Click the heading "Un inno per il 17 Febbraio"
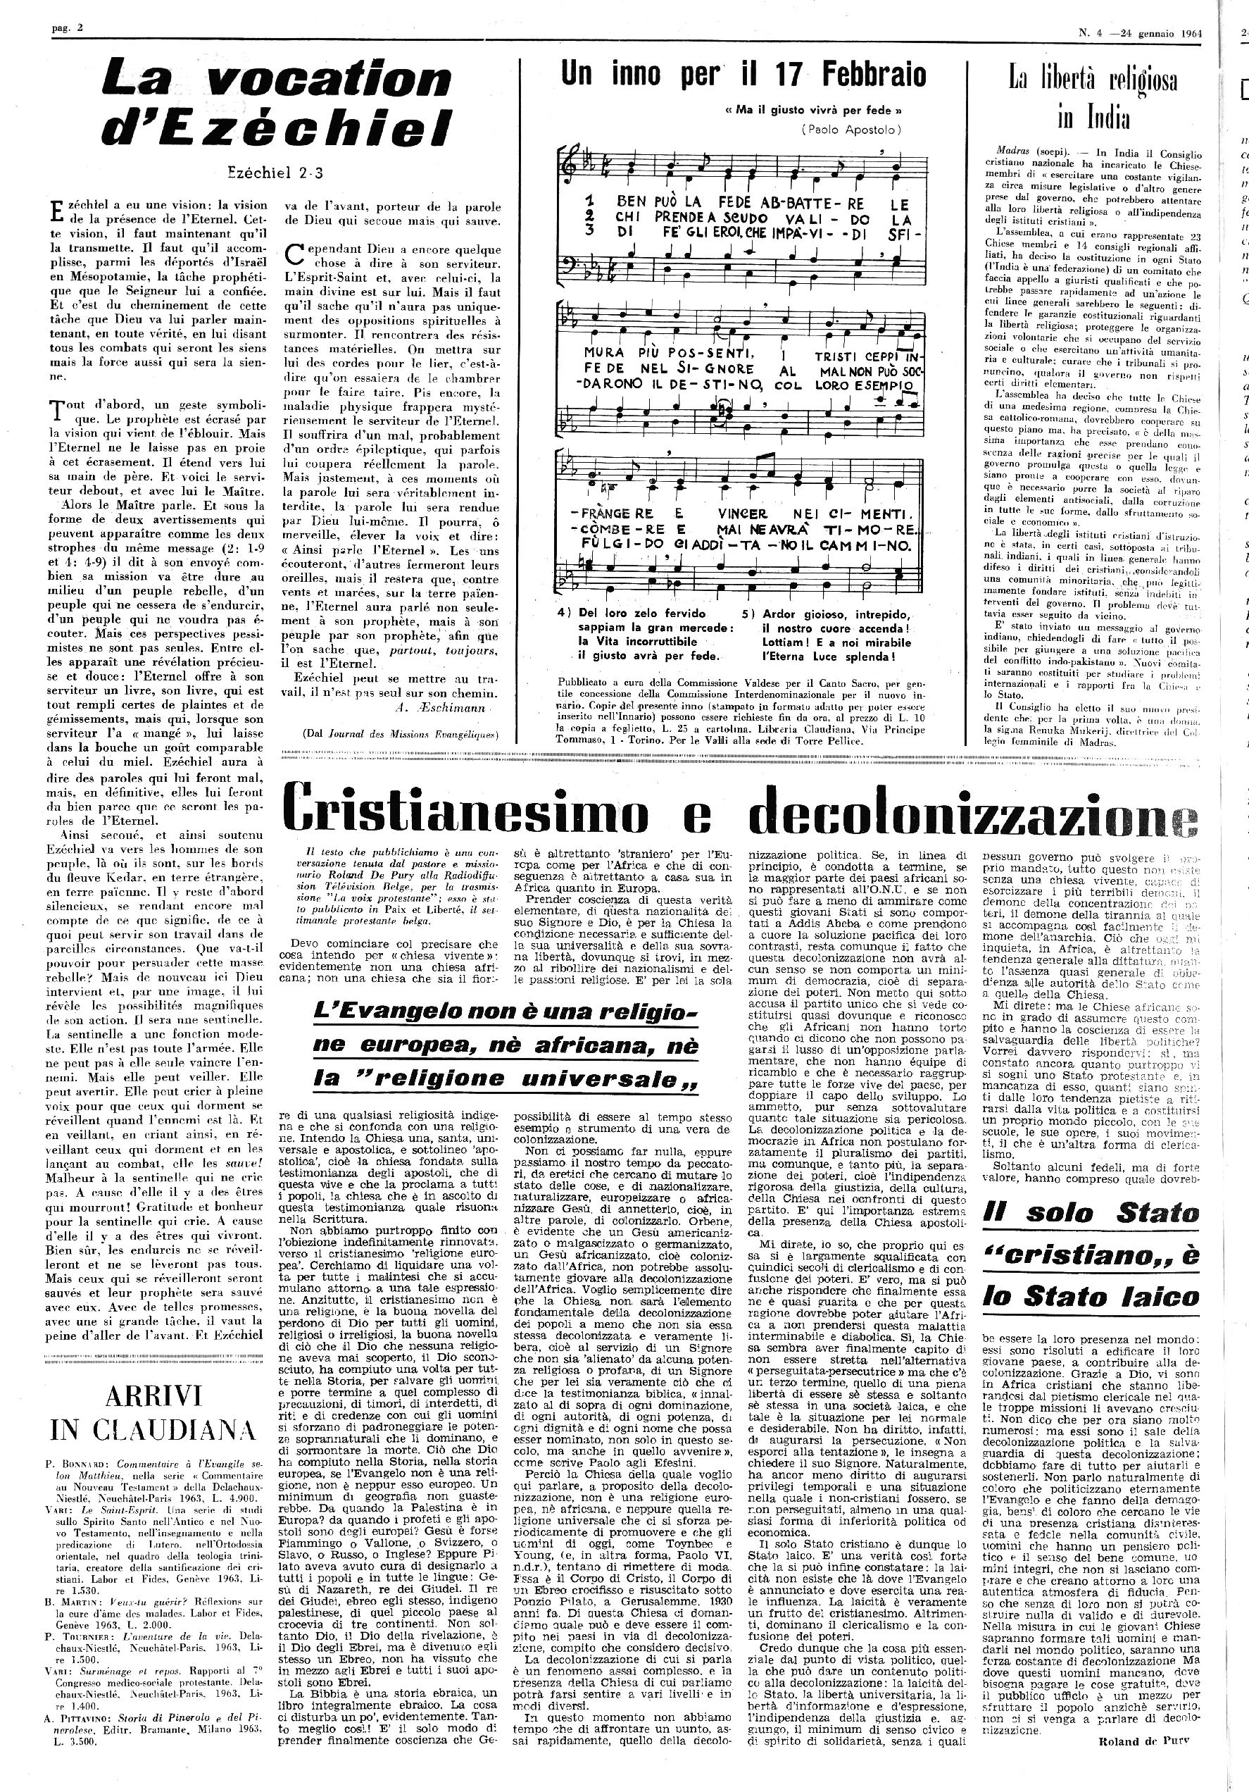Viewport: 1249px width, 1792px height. (743, 75)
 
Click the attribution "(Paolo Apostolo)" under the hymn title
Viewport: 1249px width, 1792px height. (851, 130)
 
